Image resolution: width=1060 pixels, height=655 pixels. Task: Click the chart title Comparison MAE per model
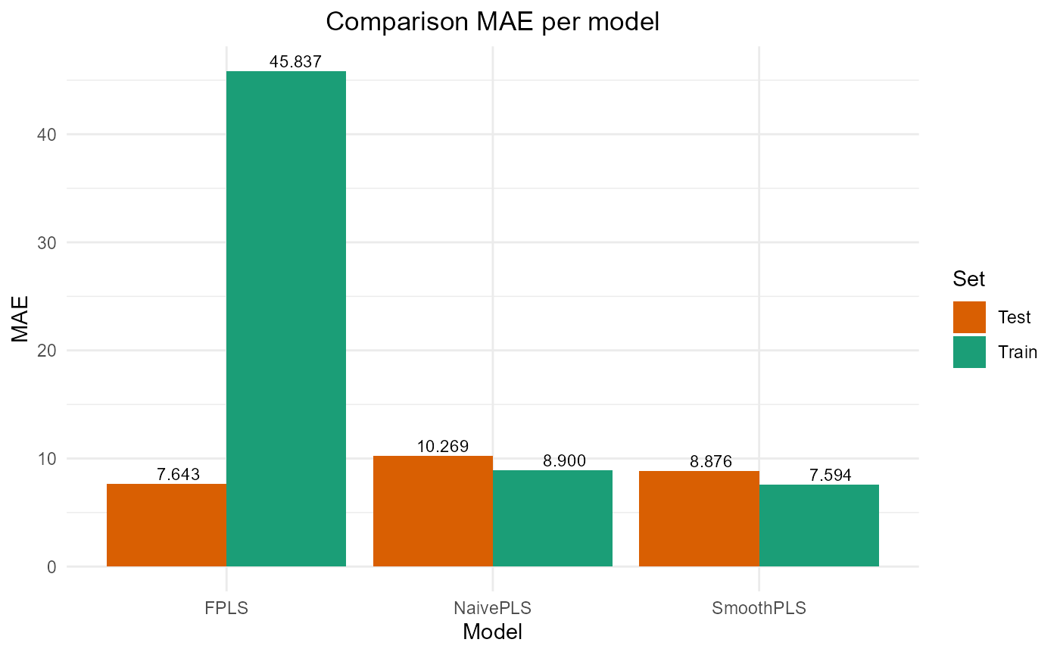492,22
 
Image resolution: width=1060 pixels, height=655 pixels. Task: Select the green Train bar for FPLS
286,318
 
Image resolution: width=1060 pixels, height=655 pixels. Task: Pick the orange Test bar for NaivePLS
433,511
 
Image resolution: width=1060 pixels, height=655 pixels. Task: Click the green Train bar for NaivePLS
553,518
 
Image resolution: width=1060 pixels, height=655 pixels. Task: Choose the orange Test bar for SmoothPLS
699,519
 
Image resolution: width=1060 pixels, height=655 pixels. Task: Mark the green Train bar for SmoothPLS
818,526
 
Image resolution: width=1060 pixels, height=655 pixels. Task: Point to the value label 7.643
178,475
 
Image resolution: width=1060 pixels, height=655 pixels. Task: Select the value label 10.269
443,447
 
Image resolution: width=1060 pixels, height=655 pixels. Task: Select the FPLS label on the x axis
226,608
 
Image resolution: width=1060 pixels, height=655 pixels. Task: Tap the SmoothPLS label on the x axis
759,608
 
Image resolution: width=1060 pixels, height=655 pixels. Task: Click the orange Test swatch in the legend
969,317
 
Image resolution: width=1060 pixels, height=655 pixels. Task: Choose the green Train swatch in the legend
969,352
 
